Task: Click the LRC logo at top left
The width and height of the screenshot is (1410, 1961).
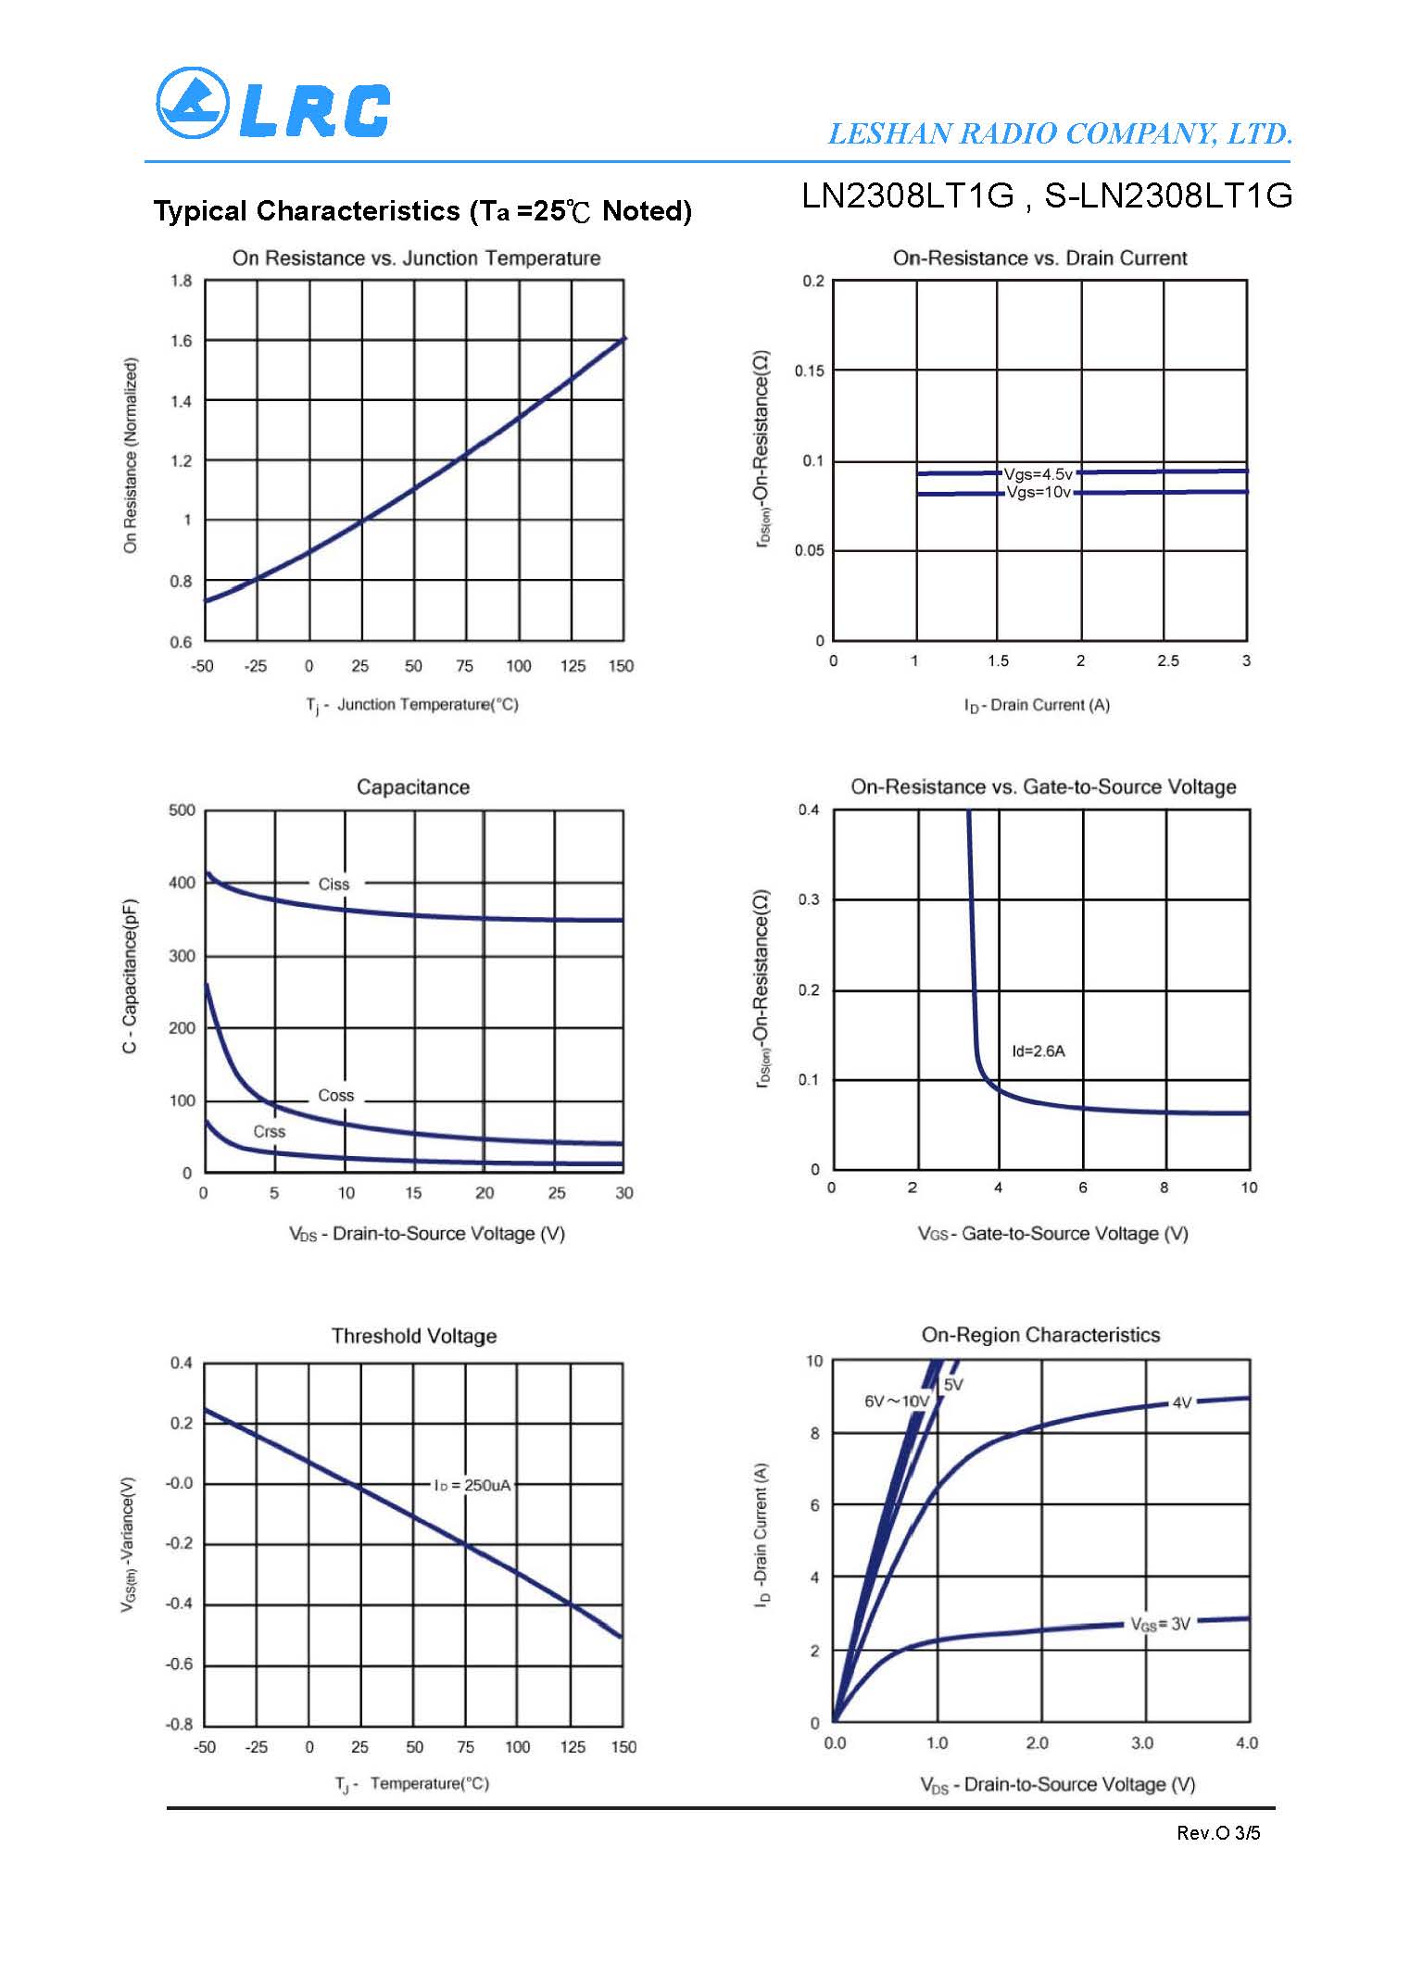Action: point(272,104)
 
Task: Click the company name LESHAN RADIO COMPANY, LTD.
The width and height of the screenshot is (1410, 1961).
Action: point(1059,134)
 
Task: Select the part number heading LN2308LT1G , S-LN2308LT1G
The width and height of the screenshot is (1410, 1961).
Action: point(1046,196)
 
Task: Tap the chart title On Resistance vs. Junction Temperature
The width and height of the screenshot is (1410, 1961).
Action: point(416,258)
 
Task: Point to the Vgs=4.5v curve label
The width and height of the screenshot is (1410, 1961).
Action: point(1038,474)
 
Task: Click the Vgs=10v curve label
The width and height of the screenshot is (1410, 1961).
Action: point(1039,492)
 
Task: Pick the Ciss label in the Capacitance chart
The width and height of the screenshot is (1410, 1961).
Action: point(334,885)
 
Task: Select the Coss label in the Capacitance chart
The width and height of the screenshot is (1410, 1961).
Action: point(335,1096)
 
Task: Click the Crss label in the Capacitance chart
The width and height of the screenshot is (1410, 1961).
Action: point(269,1132)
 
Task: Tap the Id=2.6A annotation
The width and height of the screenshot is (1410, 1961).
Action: point(1038,1051)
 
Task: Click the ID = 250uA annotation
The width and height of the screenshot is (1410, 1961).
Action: point(472,1486)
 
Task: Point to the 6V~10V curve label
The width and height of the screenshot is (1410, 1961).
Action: point(896,1402)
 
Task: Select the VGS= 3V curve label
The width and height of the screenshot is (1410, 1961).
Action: point(1160,1624)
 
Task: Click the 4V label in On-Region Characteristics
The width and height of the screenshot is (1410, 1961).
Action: point(1181,1402)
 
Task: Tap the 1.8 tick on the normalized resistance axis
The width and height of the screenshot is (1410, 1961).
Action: point(182,281)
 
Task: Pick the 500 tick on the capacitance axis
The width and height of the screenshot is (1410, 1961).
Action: point(182,811)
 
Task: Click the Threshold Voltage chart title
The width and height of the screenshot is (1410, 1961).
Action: point(414,1336)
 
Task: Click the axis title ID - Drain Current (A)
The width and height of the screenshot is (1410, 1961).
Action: point(1037,706)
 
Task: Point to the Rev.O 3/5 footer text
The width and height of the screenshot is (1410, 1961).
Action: point(1218,1833)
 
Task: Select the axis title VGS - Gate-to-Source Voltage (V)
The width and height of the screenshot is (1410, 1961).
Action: point(1052,1234)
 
